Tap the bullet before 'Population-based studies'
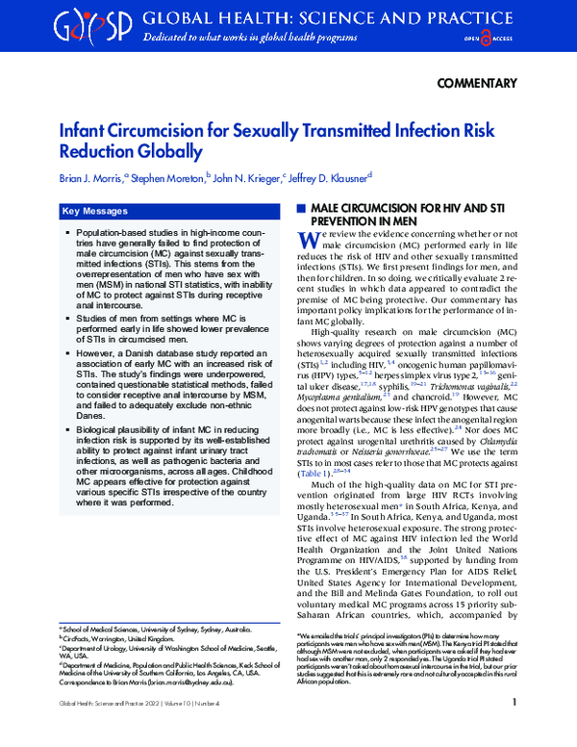67,234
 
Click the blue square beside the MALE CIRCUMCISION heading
301,209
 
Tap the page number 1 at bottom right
514,730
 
